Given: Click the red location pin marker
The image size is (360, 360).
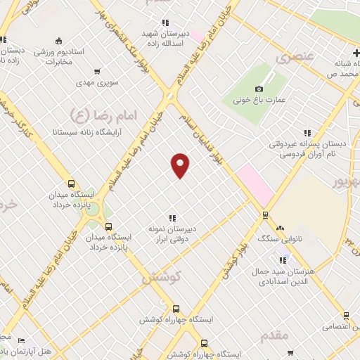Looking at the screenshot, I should pyautogui.click(x=181, y=165).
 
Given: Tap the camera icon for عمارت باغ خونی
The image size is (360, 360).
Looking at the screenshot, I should pyautogui.click(x=259, y=89).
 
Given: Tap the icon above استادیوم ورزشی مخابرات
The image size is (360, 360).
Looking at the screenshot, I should pyautogui.click(x=58, y=40).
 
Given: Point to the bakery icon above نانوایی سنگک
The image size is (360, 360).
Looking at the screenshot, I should pyautogui.click(x=280, y=227).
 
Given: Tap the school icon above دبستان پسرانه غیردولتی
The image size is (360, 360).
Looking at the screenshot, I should pyautogui.click(x=307, y=132).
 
